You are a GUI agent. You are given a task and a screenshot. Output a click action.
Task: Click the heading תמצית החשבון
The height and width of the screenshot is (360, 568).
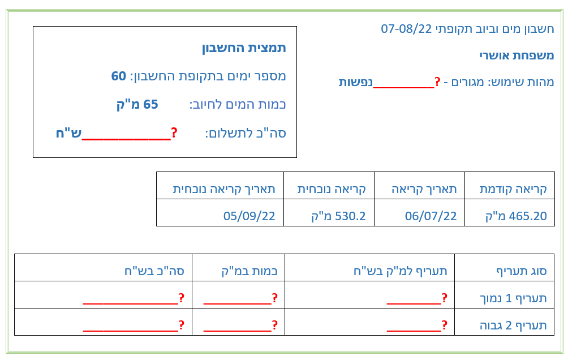coord(244,48)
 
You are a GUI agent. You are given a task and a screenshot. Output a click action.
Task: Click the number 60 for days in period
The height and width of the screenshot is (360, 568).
coord(118,76)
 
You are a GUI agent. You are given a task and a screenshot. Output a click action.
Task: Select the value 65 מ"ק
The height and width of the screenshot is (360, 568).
coord(137,104)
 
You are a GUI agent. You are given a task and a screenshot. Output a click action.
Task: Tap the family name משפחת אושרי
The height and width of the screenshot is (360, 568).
coord(517,55)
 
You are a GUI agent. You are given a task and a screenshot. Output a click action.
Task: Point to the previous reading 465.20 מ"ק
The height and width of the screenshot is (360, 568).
coord(516,216)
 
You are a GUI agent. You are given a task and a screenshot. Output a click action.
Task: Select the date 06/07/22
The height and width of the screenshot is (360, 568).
coord(431,216)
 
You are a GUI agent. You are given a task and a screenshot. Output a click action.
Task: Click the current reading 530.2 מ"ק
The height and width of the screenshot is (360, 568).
coord(338,216)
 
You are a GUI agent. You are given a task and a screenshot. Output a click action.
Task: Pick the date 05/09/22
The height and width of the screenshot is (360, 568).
coord(249,216)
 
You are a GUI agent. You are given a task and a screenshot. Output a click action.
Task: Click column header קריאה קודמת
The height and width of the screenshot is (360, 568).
coord(513,189)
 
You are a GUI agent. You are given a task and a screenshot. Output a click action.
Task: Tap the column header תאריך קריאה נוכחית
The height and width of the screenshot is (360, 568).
coord(224,189)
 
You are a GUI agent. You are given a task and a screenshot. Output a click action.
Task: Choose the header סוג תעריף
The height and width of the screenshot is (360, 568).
coord(521,271)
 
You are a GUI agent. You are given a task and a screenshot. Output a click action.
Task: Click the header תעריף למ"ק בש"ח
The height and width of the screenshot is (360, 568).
coord(401,271)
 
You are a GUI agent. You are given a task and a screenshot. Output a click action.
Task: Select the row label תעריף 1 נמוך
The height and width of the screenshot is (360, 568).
coord(513,298)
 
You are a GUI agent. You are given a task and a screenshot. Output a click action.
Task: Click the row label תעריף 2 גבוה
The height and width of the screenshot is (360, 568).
coord(513,325)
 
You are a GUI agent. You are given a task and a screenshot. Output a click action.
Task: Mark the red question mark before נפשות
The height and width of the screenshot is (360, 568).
coord(437,82)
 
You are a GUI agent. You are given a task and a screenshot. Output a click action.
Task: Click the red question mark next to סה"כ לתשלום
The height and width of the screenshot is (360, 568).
coord(174,132)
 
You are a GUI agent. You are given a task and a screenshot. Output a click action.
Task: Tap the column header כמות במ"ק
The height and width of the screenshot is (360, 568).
coord(249,271)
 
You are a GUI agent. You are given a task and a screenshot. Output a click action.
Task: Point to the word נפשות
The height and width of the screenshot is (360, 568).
coord(356,82)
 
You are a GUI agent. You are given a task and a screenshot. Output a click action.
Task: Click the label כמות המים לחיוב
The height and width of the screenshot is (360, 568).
coord(238,105)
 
